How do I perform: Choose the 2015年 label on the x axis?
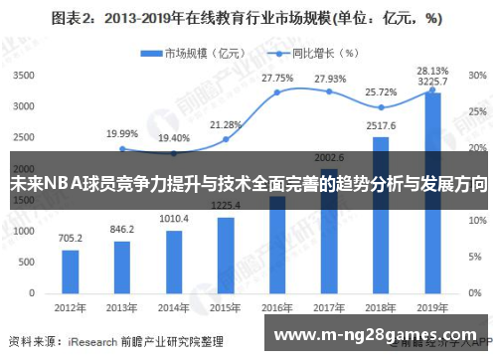point(226,306)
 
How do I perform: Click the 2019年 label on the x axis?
point(433,306)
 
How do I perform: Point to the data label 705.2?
point(70,239)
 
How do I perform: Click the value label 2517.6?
point(382,126)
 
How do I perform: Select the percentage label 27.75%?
point(277,77)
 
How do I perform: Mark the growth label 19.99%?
point(122,133)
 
